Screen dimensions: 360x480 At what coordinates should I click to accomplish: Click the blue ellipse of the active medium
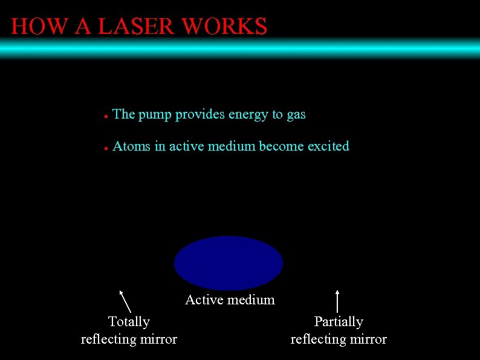pos(229,263)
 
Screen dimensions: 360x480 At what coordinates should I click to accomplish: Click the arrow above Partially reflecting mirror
pos(337,300)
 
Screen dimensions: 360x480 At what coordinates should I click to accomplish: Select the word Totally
pos(129,321)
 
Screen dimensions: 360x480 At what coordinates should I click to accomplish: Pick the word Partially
pos(339,321)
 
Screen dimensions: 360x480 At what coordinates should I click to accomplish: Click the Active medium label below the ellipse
pos(230,300)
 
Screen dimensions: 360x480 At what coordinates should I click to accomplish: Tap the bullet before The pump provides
pos(105,116)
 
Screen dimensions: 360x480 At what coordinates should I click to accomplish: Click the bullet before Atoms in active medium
pos(105,148)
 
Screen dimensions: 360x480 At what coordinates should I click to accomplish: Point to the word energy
pos(248,115)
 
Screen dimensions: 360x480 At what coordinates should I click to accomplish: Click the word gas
pos(296,115)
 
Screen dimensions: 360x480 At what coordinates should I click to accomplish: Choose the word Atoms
pos(131,146)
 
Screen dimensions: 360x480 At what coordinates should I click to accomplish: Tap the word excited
pos(328,146)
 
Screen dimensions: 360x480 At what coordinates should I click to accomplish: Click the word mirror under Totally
pos(159,339)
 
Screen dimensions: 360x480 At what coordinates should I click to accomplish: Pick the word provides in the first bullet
pos(199,115)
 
